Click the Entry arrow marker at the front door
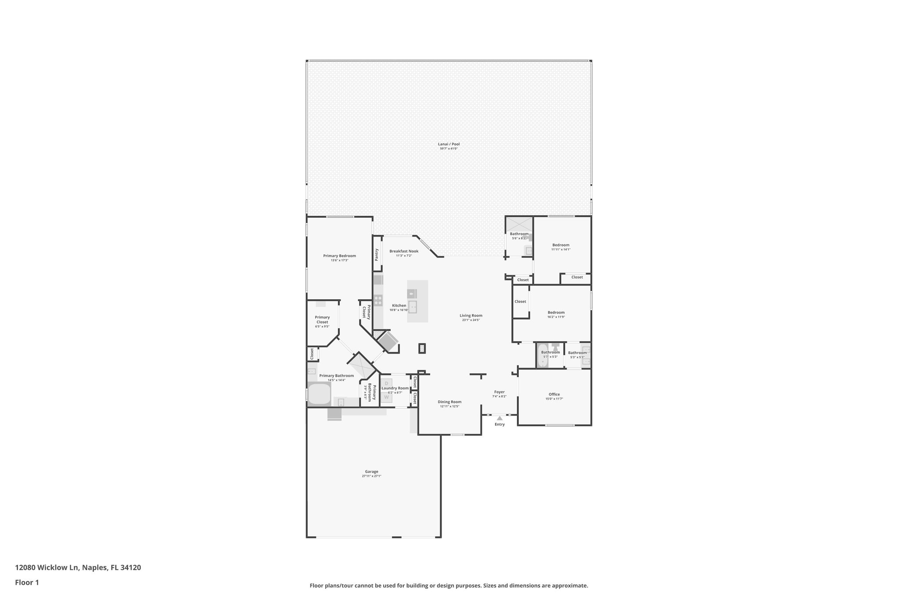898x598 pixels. (499, 418)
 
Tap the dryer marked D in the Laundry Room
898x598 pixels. (386, 383)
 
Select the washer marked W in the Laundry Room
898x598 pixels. (386, 397)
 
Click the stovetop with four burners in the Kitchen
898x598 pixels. (378, 300)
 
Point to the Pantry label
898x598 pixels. (377, 255)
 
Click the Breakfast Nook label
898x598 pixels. (404, 251)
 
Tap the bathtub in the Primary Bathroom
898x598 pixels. (319, 394)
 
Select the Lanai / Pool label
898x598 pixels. (449, 144)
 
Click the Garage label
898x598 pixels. (371, 471)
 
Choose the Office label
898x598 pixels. (554, 394)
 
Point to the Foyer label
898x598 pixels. (499, 392)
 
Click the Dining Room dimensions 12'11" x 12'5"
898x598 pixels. (449, 407)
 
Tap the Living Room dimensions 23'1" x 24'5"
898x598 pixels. (471, 320)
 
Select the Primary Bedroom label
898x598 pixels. (339, 256)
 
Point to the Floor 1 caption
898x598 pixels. (27, 582)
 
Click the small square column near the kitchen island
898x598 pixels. (422, 348)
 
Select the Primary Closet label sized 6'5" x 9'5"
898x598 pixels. (322, 320)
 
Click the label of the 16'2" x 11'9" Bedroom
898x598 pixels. (556, 312)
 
